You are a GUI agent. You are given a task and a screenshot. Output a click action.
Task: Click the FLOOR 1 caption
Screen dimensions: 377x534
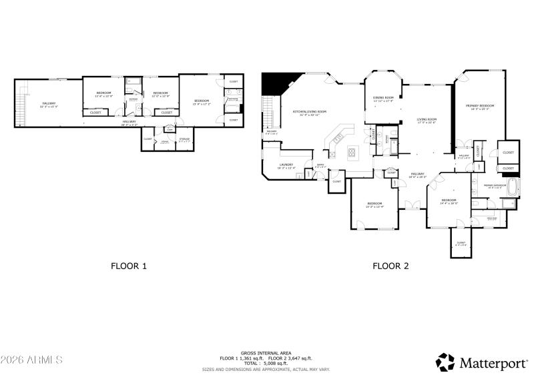click(x=128, y=266)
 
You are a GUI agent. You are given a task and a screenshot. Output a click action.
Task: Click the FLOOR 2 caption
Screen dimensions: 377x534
click(x=390, y=266)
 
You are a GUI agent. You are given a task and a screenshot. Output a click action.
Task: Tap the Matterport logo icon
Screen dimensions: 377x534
click(x=445, y=362)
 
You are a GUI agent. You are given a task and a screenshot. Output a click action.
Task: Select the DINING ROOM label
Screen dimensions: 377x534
click(x=383, y=99)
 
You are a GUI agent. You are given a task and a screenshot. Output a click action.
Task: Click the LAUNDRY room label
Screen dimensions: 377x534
click(x=287, y=165)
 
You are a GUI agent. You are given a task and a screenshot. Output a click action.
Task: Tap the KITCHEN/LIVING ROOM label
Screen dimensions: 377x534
click(x=310, y=113)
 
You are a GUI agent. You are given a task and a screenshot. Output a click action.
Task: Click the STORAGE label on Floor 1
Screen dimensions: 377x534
click(x=184, y=139)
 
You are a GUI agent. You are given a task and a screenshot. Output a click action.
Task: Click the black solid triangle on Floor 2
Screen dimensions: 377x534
click(x=274, y=84)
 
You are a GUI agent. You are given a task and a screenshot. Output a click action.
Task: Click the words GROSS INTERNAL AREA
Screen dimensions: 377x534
click(x=257, y=353)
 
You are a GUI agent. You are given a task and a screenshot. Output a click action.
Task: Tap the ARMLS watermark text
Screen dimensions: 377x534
click(x=31, y=360)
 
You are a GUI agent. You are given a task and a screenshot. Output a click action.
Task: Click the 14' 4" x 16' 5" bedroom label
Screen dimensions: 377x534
click(x=449, y=201)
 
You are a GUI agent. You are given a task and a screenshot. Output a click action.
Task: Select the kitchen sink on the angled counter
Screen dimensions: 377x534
click(x=337, y=139)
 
